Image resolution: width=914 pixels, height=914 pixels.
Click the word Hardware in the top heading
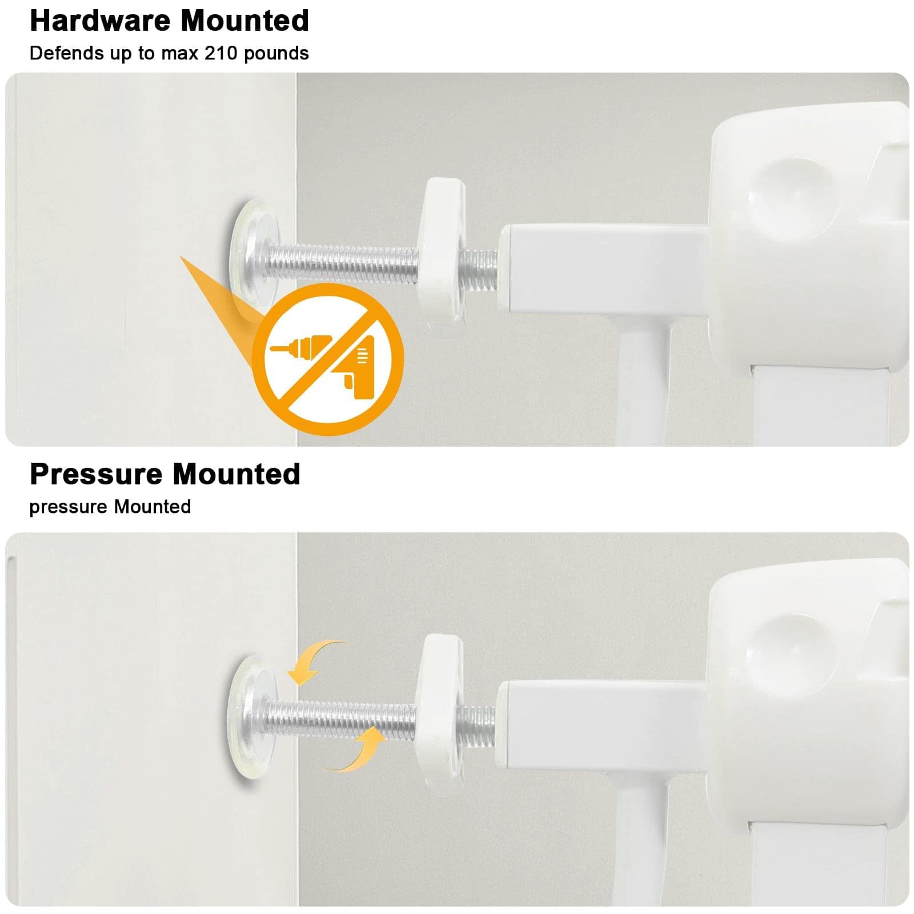(x=100, y=21)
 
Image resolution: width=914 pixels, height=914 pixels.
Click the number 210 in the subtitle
(x=221, y=53)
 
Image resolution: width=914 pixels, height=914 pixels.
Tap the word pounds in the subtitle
(x=276, y=54)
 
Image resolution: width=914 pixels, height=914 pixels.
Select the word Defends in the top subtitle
(x=67, y=53)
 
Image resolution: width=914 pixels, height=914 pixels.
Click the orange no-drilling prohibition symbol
(x=328, y=359)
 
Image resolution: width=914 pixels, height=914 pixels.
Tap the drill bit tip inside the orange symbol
(x=272, y=348)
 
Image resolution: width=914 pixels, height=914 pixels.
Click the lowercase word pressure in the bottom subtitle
(x=69, y=507)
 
